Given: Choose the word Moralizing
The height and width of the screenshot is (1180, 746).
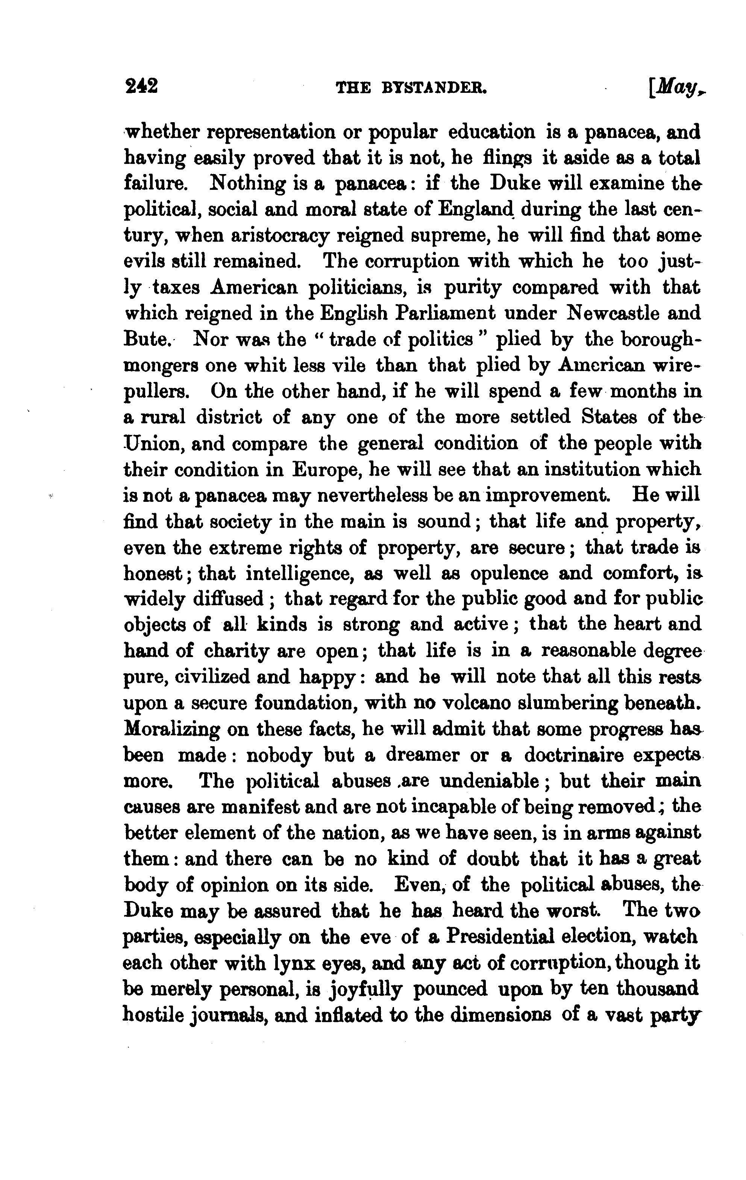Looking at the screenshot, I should tap(173, 729).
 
